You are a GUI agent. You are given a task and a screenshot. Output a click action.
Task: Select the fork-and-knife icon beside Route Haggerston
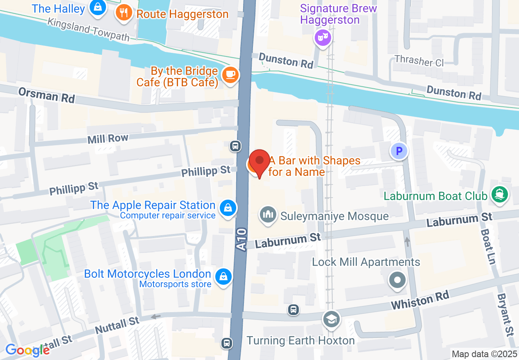tap(124, 13)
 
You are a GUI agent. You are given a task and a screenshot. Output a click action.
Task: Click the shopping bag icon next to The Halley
tap(98, 7)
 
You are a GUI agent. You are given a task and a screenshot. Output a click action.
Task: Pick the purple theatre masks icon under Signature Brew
tap(322, 38)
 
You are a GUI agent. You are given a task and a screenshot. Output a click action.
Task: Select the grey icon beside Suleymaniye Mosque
tap(268, 214)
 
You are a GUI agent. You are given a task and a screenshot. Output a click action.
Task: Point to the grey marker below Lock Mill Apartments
tap(397, 281)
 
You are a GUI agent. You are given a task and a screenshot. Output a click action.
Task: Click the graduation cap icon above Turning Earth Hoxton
tap(331, 319)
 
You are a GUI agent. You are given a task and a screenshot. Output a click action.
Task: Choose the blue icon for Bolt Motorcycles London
tap(224, 277)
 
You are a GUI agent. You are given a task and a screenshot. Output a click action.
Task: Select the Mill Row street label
tap(108, 139)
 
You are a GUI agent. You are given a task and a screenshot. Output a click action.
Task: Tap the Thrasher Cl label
tap(419, 61)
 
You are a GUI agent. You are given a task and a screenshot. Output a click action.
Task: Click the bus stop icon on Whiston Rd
tap(293, 310)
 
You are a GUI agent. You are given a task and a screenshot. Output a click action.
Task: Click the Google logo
tap(27, 350)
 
